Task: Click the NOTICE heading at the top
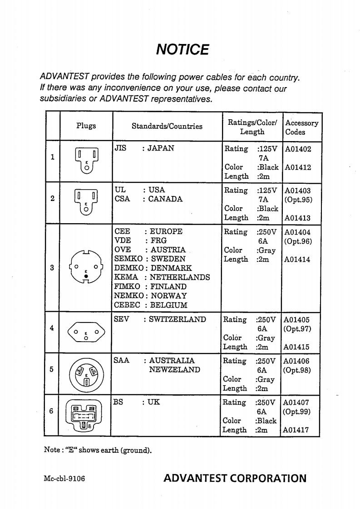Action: point(182,49)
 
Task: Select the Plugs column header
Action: point(86,126)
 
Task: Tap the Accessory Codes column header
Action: point(301,127)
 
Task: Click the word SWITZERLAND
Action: point(174,319)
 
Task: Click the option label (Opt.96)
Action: point(297,241)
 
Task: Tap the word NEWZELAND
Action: point(174,370)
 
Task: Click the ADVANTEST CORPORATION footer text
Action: point(235,478)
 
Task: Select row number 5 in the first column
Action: point(52,369)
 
